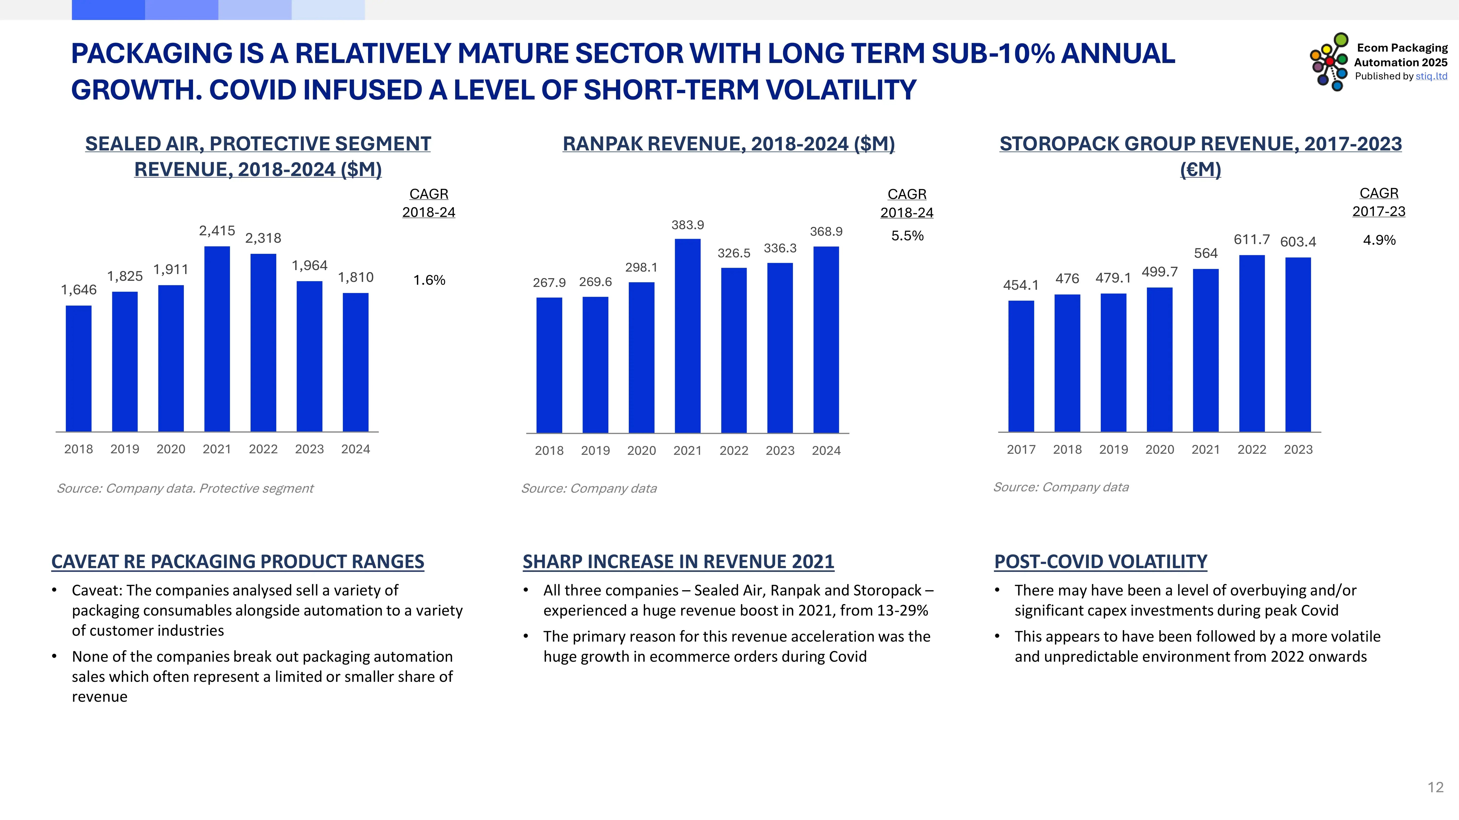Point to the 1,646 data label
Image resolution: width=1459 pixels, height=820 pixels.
(x=79, y=290)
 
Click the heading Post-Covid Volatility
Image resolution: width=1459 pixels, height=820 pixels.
(x=1101, y=561)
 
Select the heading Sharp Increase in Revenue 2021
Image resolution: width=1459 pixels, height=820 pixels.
(x=678, y=561)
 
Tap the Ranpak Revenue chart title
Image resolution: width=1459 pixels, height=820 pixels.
(x=728, y=144)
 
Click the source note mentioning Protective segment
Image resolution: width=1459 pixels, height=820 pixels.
(x=185, y=488)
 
